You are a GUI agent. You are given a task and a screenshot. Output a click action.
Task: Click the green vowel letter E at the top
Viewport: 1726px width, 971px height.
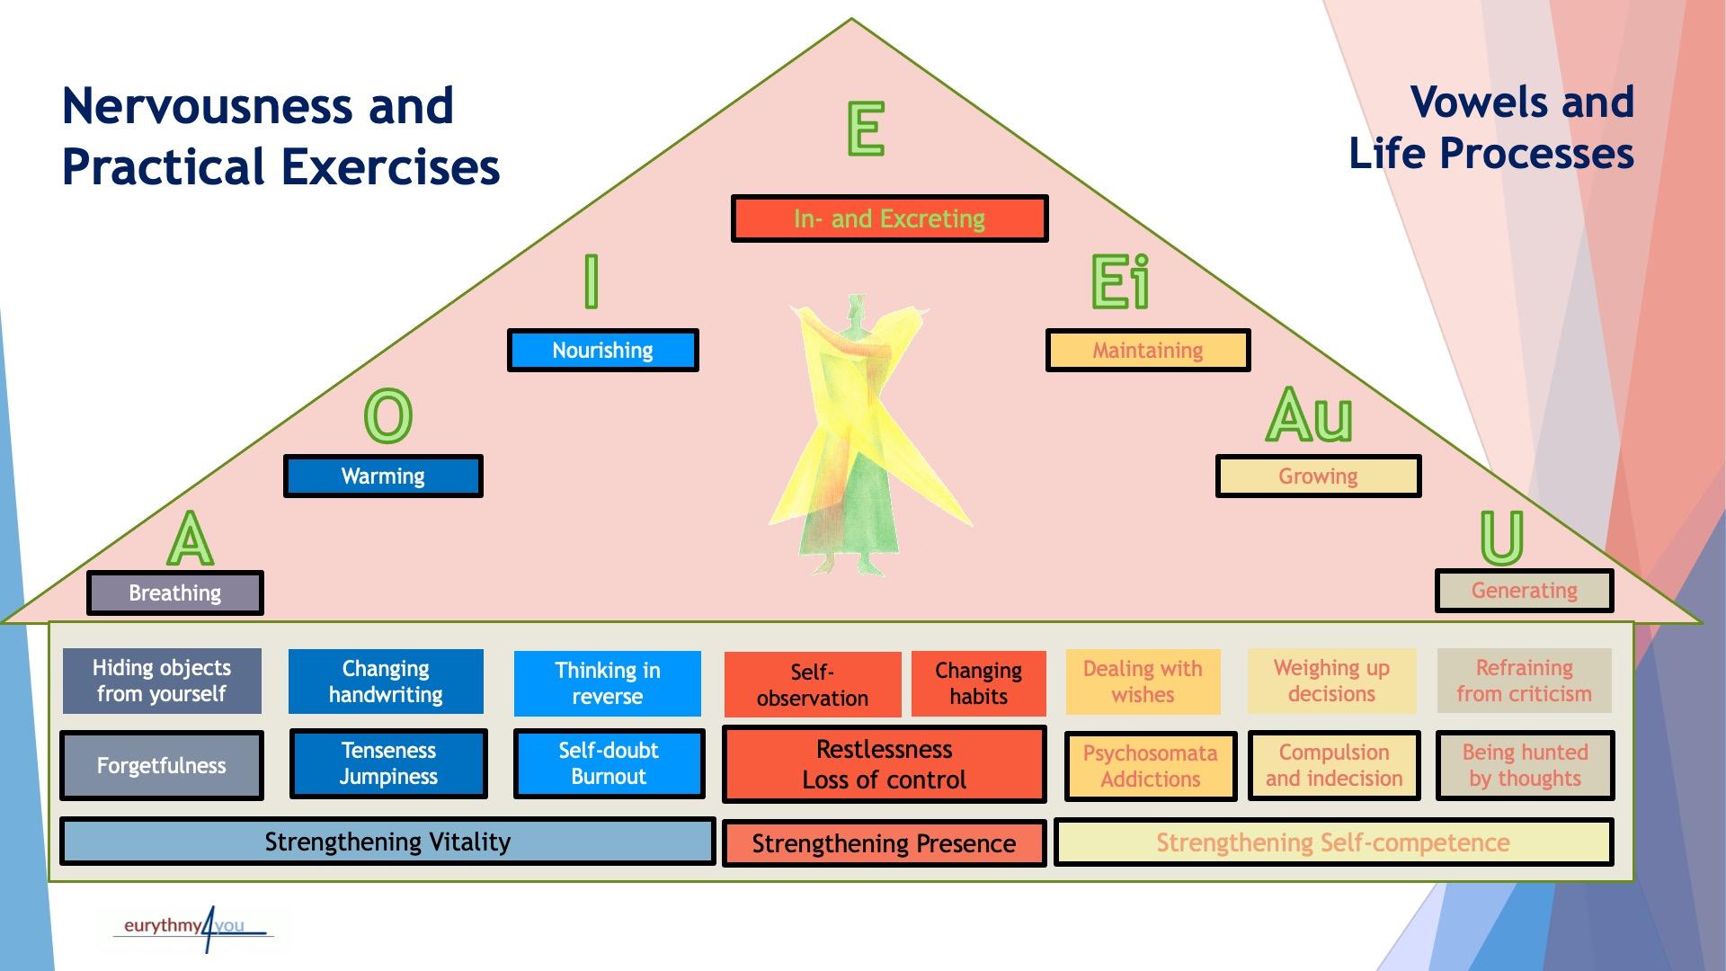tap(866, 129)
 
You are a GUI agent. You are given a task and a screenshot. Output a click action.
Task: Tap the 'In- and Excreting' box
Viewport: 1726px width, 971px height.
tap(889, 218)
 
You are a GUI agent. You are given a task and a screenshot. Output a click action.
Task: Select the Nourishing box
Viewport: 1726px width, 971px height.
tap(602, 350)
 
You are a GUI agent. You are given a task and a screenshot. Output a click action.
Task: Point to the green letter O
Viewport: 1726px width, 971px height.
tap(388, 416)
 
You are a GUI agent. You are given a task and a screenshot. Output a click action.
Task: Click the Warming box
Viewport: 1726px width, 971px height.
tap(383, 476)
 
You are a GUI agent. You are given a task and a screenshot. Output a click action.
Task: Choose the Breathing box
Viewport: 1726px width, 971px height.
tap(174, 593)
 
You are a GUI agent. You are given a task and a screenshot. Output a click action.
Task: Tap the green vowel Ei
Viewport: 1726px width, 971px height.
tap(1119, 282)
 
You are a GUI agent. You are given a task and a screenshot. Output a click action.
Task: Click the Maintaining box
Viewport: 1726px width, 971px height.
tap(1147, 350)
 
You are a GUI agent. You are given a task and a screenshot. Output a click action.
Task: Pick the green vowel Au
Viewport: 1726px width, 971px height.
tap(1309, 416)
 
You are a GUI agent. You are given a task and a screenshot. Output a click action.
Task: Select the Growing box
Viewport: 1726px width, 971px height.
tap(1318, 476)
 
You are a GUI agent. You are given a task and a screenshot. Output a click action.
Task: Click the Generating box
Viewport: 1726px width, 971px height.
tap(1524, 591)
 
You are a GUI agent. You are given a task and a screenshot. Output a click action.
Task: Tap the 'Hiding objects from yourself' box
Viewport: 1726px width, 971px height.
tap(162, 681)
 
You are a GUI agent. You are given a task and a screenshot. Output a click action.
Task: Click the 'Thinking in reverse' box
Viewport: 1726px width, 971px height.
tap(607, 683)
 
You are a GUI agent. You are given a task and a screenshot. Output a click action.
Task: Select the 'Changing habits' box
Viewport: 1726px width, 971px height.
tap(978, 683)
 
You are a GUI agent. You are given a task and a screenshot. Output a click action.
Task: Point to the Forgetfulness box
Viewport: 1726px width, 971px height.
tap(162, 765)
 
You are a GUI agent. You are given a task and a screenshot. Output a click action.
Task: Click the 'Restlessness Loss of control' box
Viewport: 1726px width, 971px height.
tap(884, 764)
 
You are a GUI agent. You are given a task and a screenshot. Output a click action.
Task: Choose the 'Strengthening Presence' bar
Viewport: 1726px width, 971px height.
tap(884, 843)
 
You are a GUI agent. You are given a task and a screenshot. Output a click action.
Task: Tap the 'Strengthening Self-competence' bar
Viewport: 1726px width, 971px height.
tap(1333, 842)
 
